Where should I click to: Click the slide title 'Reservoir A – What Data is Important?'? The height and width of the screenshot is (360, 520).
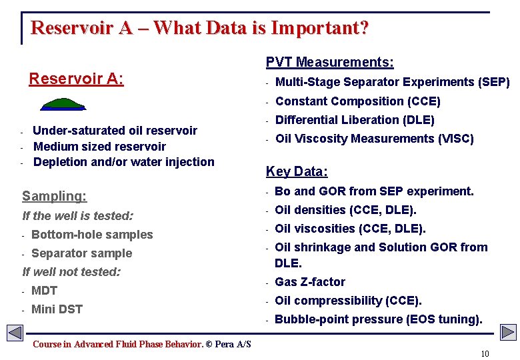click(x=199, y=28)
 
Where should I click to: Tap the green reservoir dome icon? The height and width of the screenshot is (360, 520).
click(x=63, y=104)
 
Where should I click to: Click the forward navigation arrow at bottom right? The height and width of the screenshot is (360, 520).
click(x=508, y=332)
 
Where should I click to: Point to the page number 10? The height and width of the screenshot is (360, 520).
click(x=484, y=353)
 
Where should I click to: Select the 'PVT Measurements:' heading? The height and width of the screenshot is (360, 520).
click(x=329, y=63)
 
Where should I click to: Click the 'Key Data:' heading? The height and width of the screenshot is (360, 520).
click(x=297, y=171)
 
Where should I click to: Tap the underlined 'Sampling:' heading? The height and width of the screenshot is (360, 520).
click(x=54, y=196)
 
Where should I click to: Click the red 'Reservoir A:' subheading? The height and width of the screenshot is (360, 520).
click(x=76, y=79)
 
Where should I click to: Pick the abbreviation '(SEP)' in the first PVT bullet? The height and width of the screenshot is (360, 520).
click(x=494, y=82)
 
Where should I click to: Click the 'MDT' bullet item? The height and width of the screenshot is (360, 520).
click(x=44, y=291)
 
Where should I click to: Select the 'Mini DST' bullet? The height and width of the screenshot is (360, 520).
click(x=57, y=309)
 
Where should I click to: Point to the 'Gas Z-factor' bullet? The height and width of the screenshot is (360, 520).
click(x=310, y=282)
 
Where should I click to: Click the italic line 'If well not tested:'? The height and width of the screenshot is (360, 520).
click(x=71, y=272)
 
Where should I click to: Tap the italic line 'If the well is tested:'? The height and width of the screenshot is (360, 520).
click(x=77, y=216)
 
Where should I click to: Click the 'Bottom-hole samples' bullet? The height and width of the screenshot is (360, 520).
click(x=92, y=235)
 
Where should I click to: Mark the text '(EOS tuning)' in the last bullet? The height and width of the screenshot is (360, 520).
click(x=444, y=319)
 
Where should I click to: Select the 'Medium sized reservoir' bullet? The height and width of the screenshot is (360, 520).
click(x=99, y=146)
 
